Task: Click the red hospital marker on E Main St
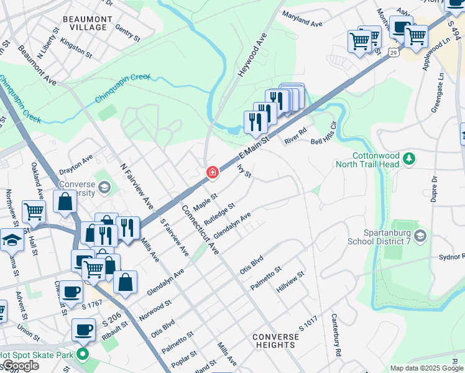tap(212, 172)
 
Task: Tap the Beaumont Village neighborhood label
tap(88, 24)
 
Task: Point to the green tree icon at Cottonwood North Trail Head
tap(409, 159)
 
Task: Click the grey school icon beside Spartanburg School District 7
tap(421, 236)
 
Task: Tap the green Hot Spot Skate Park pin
tap(81, 356)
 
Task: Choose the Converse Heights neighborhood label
tap(275, 341)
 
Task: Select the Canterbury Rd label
tap(336, 343)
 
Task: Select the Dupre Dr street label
tap(434, 186)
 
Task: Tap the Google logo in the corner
tap(21, 366)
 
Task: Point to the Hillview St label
tap(291, 282)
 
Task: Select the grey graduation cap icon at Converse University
tap(104, 186)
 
